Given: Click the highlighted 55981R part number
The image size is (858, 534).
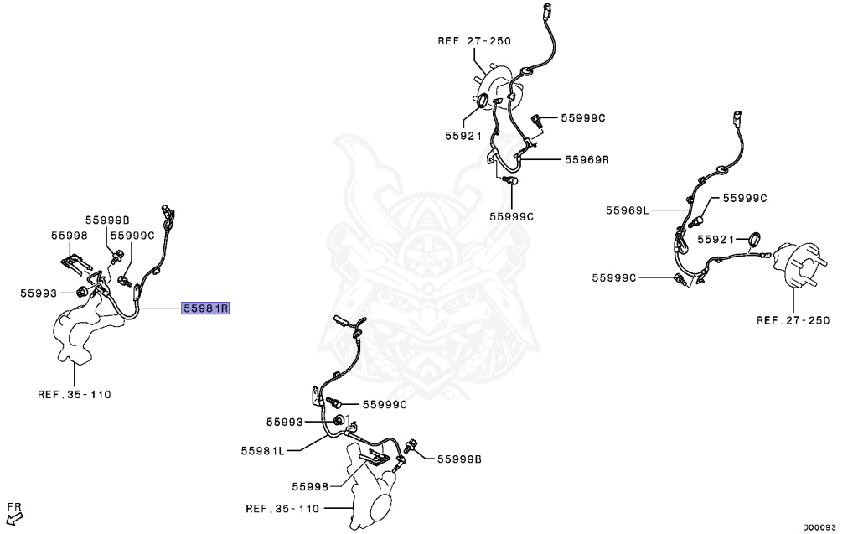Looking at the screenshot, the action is click(x=206, y=308).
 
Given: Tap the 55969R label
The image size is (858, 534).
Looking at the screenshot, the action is click(x=587, y=158).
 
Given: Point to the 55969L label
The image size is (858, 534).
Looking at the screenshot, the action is click(x=628, y=210).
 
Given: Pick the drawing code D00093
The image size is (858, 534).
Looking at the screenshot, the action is click(x=819, y=527).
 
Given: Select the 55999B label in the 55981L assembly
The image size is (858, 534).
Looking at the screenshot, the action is click(x=458, y=459).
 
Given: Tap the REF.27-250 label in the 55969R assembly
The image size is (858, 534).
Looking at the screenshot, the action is click(x=474, y=40).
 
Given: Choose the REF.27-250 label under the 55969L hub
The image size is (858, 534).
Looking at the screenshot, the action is click(x=793, y=320).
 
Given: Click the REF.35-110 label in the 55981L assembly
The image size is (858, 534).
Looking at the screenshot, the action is click(x=283, y=508).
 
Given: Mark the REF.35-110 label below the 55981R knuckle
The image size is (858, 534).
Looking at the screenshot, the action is click(x=75, y=393).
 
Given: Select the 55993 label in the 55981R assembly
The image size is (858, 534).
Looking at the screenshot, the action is click(x=39, y=293).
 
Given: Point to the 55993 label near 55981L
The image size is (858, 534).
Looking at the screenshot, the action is click(x=285, y=422).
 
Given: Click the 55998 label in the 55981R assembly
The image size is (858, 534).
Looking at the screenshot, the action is click(x=69, y=236).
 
